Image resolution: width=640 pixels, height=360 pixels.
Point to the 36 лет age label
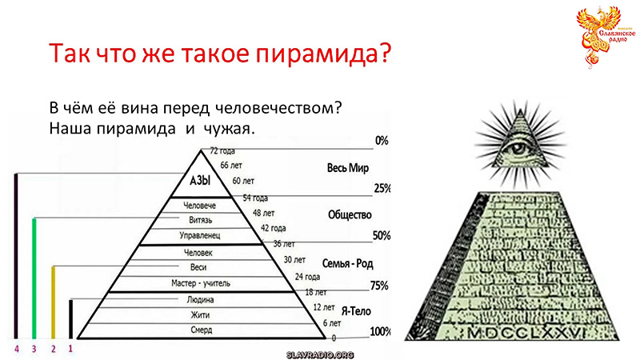tap(284, 242)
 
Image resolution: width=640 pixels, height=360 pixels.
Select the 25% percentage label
tap(382, 189)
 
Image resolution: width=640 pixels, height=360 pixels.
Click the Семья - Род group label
tap(347, 263)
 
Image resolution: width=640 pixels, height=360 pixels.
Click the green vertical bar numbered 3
tap(34, 276)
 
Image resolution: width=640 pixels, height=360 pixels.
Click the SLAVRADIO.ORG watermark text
tap(319, 354)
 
